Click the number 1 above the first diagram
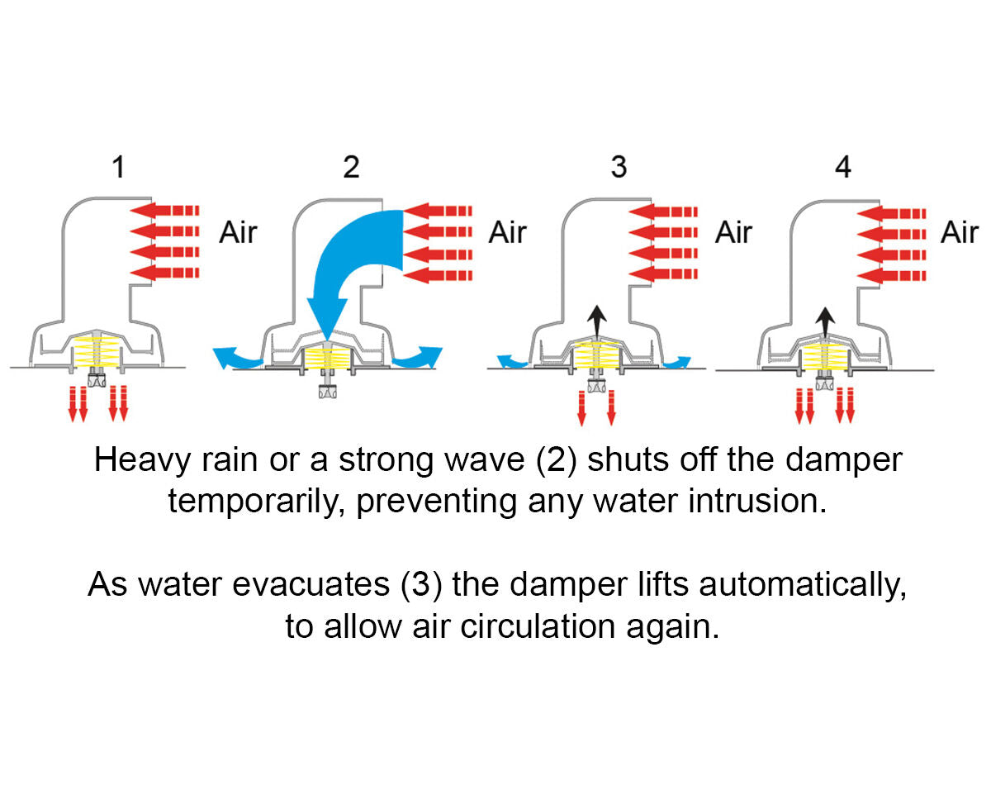point(119,168)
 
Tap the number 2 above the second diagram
point(351,168)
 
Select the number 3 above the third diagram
point(619,168)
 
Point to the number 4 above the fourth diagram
point(842,168)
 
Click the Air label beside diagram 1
point(238,232)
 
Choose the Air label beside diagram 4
point(959,232)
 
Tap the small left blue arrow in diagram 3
point(514,361)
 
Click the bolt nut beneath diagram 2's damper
point(327,391)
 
